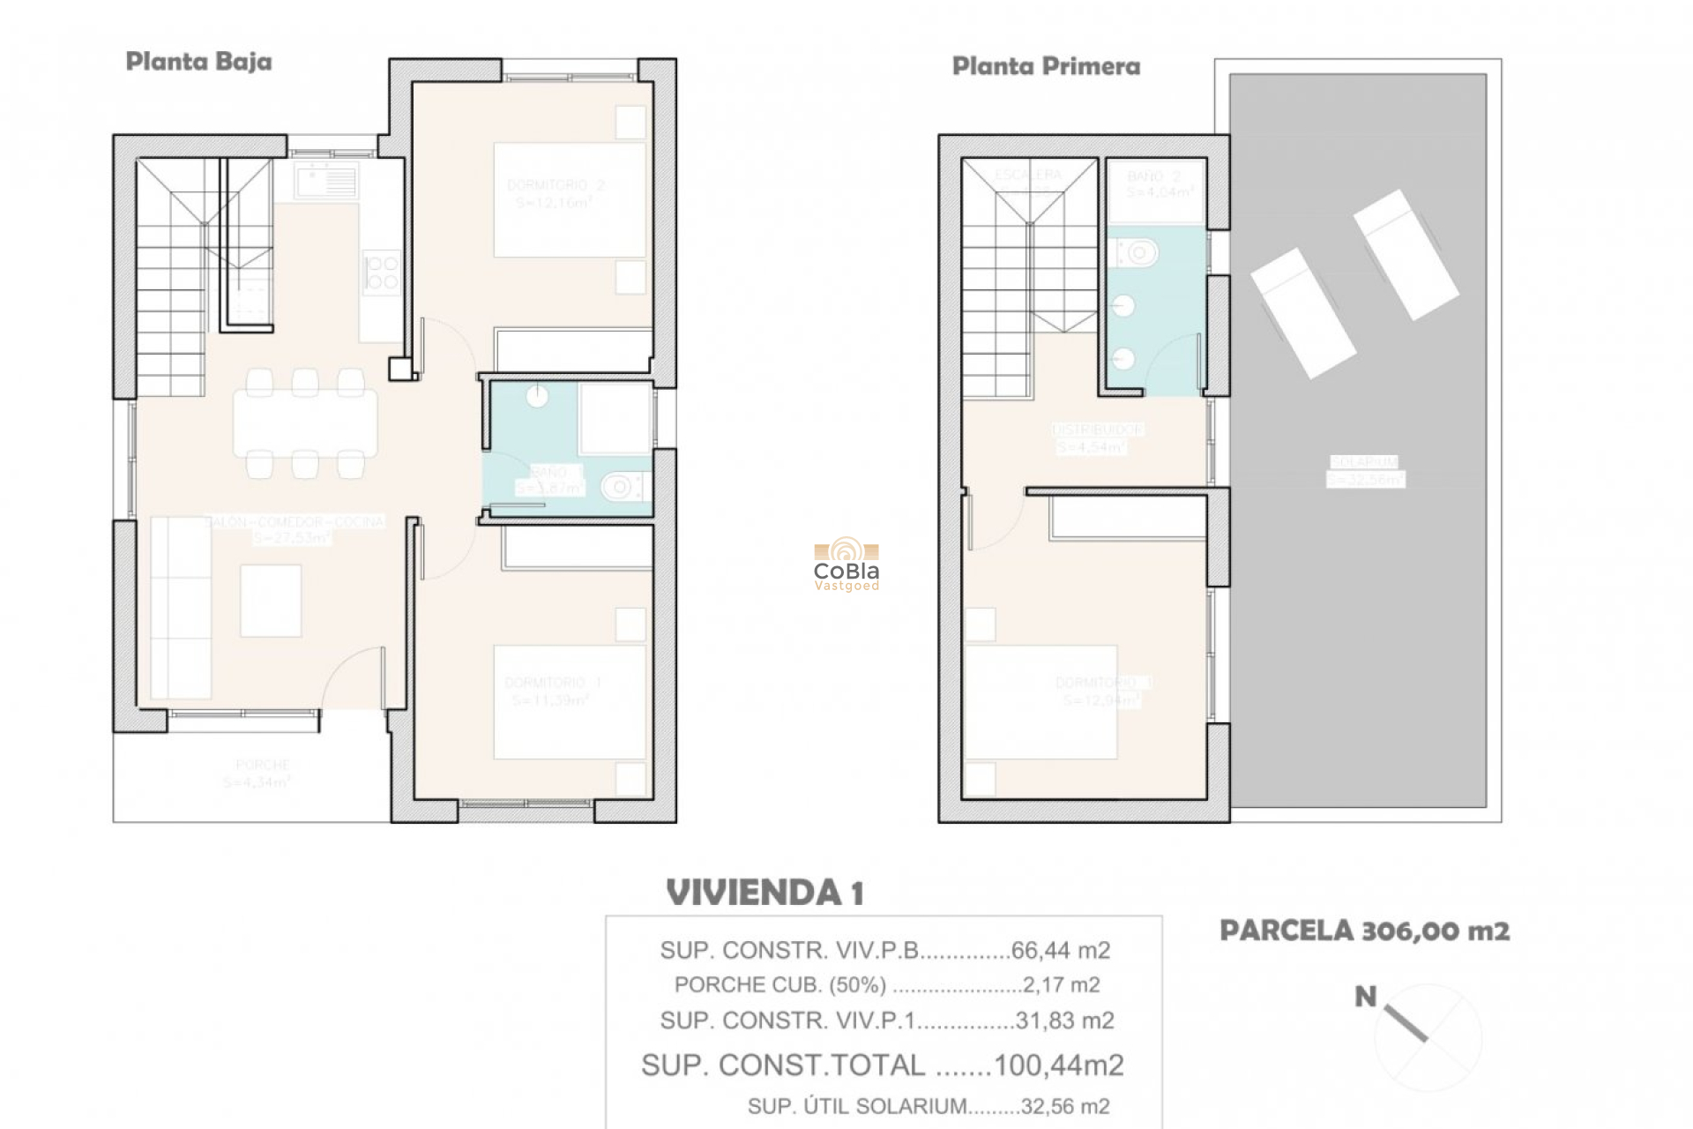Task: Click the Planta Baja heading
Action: [198, 62]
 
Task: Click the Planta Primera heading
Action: [1046, 66]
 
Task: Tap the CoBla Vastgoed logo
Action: [846, 564]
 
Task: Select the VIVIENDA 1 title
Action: [764, 893]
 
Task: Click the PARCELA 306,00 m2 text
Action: [1364, 931]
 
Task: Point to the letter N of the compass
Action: [1365, 998]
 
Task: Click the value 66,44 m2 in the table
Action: [1060, 951]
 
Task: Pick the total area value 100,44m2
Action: [1058, 1065]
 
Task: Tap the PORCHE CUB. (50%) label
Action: [779, 985]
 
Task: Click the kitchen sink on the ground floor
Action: [326, 182]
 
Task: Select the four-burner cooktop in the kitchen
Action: [382, 273]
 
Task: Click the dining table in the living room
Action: [305, 423]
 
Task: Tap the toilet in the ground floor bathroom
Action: [623, 486]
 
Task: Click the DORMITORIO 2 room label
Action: [556, 185]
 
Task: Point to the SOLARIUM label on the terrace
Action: [1364, 462]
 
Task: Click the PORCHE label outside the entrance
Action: [263, 765]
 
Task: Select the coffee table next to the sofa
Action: [271, 601]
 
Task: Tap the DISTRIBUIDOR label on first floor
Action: [1098, 430]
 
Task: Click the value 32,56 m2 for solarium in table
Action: [1064, 1106]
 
